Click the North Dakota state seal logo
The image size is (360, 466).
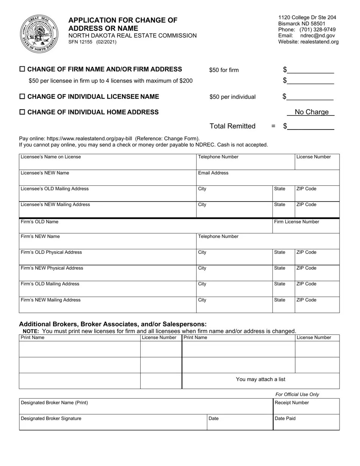coord(39,34)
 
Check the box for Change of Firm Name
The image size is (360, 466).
coord(22,69)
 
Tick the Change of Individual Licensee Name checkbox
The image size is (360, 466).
coord(22,97)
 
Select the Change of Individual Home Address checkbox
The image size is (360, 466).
coord(22,112)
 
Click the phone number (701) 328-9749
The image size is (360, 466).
coord(317,30)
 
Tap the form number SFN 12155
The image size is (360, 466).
coord(80,42)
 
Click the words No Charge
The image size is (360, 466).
coord(311,112)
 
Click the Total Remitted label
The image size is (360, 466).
coord(232,126)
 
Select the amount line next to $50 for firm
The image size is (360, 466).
coord(310,70)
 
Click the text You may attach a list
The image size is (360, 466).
coord(261,380)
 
